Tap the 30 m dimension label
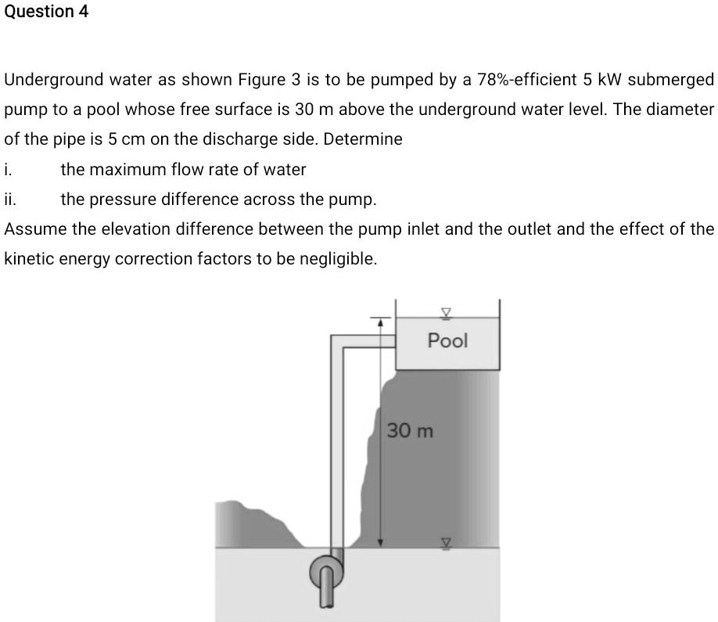410,431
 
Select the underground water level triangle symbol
447,541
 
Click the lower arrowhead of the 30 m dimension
381,541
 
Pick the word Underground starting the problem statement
54,79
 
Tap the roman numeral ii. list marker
10,200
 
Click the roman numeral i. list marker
8,169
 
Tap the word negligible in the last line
339,259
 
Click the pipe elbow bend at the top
336,343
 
